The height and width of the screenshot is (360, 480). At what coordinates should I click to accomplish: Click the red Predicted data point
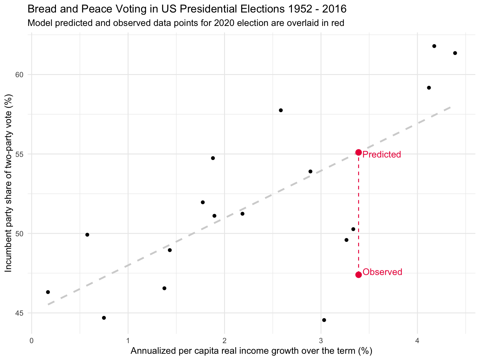click(x=358, y=152)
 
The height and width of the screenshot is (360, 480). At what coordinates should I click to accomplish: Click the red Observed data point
click(x=358, y=275)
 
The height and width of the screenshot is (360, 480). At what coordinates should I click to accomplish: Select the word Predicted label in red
click(x=382, y=154)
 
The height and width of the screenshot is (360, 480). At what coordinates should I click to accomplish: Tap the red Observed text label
click(x=382, y=272)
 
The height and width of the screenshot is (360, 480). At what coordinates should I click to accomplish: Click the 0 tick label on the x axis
click(x=32, y=340)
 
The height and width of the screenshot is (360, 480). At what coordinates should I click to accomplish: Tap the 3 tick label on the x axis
click(x=321, y=340)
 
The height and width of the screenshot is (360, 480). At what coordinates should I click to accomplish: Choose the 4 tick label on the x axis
click(x=417, y=340)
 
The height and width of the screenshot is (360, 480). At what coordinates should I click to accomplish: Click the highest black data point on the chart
click(x=434, y=46)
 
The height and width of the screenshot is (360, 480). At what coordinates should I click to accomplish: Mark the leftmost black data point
click(x=48, y=292)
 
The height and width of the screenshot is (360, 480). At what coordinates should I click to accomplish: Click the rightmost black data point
click(x=455, y=53)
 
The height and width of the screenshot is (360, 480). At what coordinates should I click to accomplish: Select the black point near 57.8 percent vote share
click(x=281, y=110)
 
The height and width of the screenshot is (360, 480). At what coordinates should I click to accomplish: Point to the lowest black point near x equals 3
click(x=324, y=320)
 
